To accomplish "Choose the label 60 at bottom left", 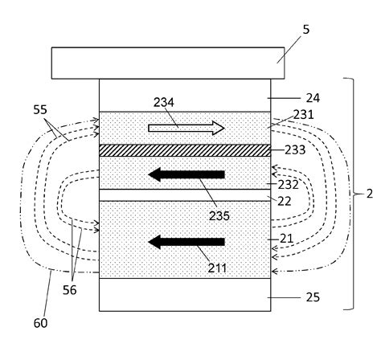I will coord(39,323).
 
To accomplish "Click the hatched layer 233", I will coord(186,150).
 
